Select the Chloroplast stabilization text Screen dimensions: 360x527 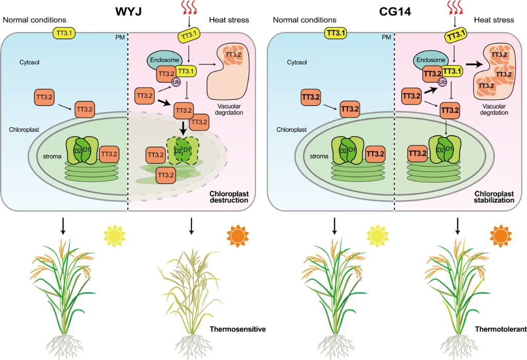pyautogui.click(x=491, y=196)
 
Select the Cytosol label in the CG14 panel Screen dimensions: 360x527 pyautogui.click(x=284, y=62)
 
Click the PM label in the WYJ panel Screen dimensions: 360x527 pyautogui.click(x=118, y=38)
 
